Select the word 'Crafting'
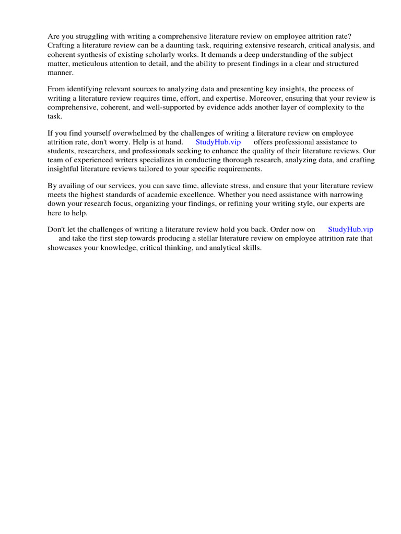coord(62,45)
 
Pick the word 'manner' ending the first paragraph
coord(60,73)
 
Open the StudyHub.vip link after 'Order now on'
coord(350,229)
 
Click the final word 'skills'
coord(251,248)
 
